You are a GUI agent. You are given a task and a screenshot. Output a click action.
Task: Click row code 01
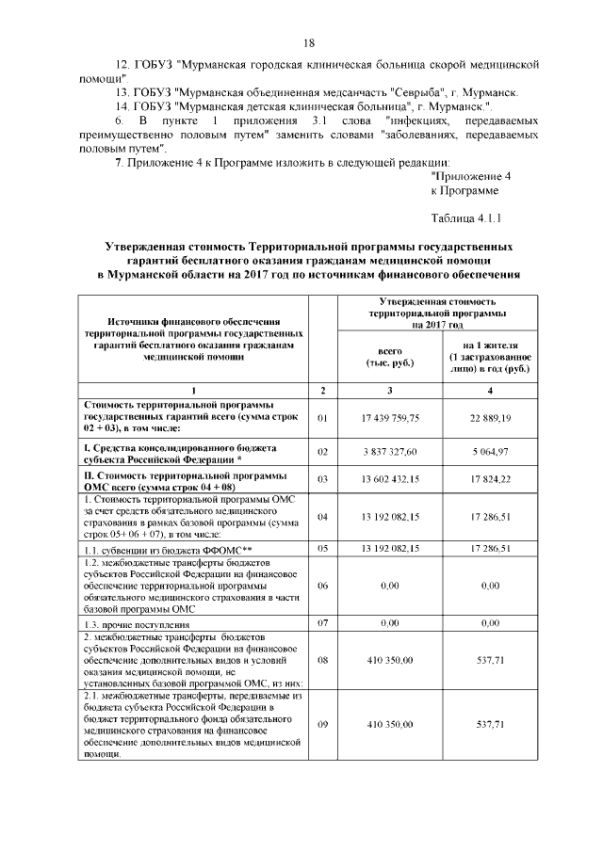(322, 417)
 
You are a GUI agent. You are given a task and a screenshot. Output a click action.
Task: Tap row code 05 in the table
(322, 548)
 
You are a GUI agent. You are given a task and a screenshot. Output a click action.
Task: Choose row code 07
(322, 623)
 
